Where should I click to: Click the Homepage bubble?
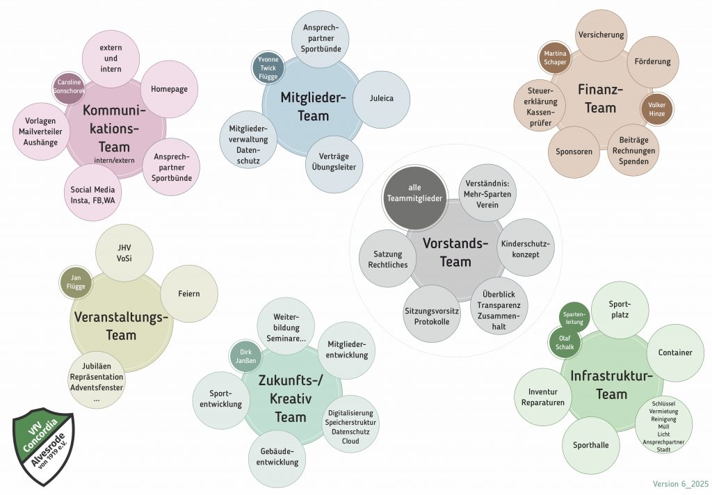pyautogui.click(x=170, y=89)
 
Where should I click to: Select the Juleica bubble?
pyautogui.click(x=382, y=99)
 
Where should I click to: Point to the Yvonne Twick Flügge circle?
pyautogui.click(x=268, y=67)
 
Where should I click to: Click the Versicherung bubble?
pyautogui.click(x=601, y=35)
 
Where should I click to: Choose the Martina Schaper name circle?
pyautogui.click(x=556, y=58)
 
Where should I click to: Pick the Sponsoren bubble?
pyautogui.click(x=574, y=151)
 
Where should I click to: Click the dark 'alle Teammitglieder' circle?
pyautogui.click(x=415, y=191)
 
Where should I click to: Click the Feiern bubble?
pyautogui.click(x=189, y=294)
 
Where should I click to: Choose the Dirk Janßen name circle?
pyautogui.click(x=246, y=356)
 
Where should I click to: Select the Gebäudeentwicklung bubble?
pyautogui.click(x=277, y=457)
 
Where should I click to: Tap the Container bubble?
pyautogui.click(x=675, y=352)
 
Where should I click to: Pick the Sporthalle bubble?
pyautogui.click(x=590, y=445)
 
